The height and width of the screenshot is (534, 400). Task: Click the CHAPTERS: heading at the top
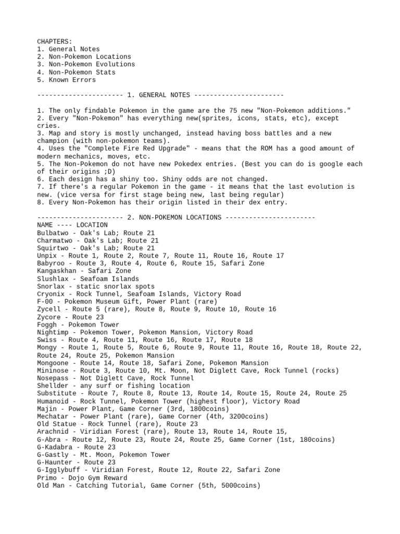click(55, 41)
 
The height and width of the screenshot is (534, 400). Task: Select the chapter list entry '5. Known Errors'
click(66, 80)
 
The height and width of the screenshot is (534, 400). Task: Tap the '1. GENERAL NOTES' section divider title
click(158, 95)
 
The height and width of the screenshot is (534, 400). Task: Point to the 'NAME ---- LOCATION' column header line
click(72, 225)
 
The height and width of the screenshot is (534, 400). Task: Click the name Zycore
click(48, 317)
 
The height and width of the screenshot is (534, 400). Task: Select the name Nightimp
click(53, 332)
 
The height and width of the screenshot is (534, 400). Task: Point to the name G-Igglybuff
click(58, 470)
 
